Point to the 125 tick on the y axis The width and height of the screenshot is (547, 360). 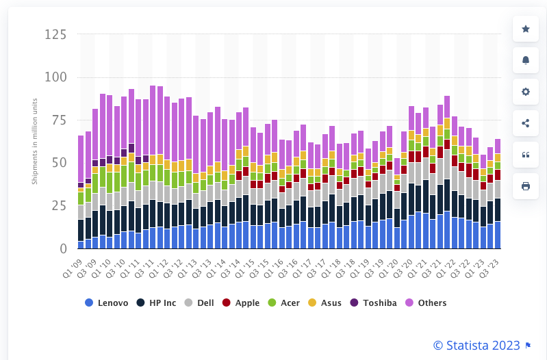(56, 34)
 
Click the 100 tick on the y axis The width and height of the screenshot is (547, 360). (56, 77)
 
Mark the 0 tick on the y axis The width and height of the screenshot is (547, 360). (62, 248)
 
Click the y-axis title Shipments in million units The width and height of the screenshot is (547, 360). (35, 141)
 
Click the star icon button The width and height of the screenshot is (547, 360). (526, 29)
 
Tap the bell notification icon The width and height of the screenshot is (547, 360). (526, 60)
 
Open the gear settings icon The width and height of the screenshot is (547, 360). (526, 92)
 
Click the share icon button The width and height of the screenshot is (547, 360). (526, 123)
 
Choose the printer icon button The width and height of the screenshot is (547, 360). (526, 186)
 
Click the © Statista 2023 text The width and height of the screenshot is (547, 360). (476, 346)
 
